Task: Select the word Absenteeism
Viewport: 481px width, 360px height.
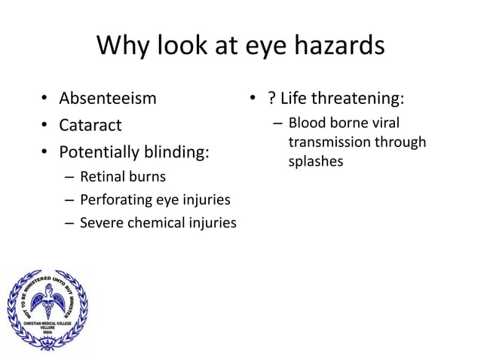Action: coord(108,98)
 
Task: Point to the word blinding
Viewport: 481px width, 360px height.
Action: coord(176,152)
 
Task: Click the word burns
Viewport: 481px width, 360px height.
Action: coord(146,178)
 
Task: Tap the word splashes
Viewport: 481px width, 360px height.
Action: coord(315,161)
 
